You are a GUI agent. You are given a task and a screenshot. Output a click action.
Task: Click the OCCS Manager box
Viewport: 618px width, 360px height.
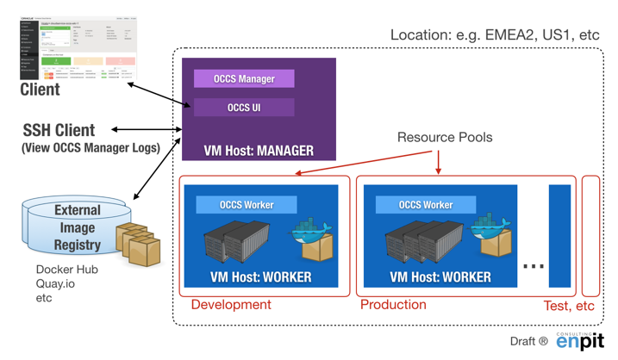[x=244, y=79]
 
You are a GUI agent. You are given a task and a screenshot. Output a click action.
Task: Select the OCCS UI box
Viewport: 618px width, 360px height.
[x=244, y=108]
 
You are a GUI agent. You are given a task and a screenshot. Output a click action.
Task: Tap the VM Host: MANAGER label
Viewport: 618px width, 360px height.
[x=259, y=151]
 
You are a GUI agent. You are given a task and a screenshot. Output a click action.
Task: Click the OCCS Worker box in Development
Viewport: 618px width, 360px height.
[x=247, y=205]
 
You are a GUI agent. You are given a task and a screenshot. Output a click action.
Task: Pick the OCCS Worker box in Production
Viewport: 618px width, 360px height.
[x=426, y=205]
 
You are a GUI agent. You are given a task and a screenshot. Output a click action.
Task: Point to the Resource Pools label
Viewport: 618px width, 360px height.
[x=445, y=138]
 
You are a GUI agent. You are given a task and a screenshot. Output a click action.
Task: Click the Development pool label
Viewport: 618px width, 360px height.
[x=231, y=305]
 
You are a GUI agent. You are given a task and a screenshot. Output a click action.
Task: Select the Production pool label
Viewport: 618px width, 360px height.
[x=393, y=305]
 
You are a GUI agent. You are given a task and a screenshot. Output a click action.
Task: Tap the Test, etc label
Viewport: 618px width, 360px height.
[x=569, y=306]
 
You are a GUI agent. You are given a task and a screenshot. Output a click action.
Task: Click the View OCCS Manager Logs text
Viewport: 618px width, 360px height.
[x=91, y=148]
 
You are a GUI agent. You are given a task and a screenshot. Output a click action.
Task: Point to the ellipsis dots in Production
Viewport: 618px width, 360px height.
[x=534, y=265]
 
